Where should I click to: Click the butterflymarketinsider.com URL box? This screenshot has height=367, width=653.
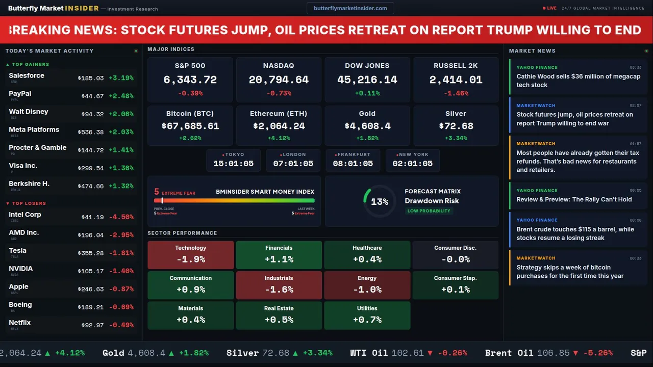pos(350,8)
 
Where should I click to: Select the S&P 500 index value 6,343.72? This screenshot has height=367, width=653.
pos(190,80)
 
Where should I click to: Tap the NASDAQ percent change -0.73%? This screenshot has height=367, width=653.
pos(279,93)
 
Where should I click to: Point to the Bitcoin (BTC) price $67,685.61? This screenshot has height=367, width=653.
pos(190,126)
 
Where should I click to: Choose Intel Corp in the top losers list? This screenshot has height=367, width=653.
pos(25,215)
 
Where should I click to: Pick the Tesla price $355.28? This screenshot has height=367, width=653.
pos(92,253)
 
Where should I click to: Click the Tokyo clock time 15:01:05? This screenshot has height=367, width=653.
pos(233,164)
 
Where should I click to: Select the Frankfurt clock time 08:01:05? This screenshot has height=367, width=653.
pos(353,164)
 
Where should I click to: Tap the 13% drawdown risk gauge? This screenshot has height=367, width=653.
pos(379,202)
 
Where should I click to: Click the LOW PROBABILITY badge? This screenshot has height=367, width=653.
pos(429,211)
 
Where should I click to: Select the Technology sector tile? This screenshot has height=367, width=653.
pos(191,255)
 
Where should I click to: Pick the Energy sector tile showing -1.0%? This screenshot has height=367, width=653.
pos(367,285)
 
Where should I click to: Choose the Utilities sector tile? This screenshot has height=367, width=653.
pos(367,316)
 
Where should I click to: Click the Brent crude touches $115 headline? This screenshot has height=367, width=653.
pos(575,233)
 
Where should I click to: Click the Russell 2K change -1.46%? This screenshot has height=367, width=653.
pos(456,93)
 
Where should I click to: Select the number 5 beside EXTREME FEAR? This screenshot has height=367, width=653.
pos(157,192)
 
